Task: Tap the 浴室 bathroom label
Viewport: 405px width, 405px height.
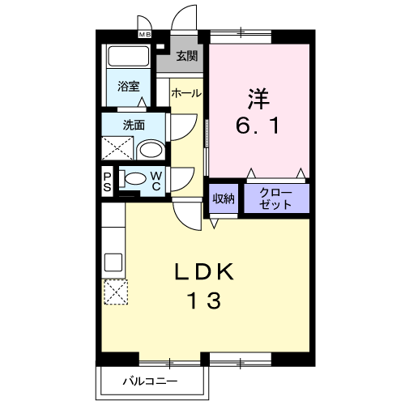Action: click(x=127, y=85)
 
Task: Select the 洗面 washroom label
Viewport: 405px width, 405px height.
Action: click(x=134, y=125)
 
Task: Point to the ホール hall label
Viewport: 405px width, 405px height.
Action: click(x=185, y=94)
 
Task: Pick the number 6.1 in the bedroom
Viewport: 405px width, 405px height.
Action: click(x=258, y=125)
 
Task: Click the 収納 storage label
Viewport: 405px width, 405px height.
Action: click(x=224, y=198)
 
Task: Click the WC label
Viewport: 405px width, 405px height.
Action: click(x=156, y=181)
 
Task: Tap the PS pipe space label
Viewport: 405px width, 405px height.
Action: click(x=107, y=180)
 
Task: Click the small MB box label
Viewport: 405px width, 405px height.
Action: click(x=144, y=35)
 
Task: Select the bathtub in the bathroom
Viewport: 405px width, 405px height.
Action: click(x=127, y=58)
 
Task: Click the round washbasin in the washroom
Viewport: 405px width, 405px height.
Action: click(x=148, y=148)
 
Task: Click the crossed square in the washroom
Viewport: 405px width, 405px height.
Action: click(x=116, y=147)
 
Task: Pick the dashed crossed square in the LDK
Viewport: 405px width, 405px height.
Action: click(x=114, y=291)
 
